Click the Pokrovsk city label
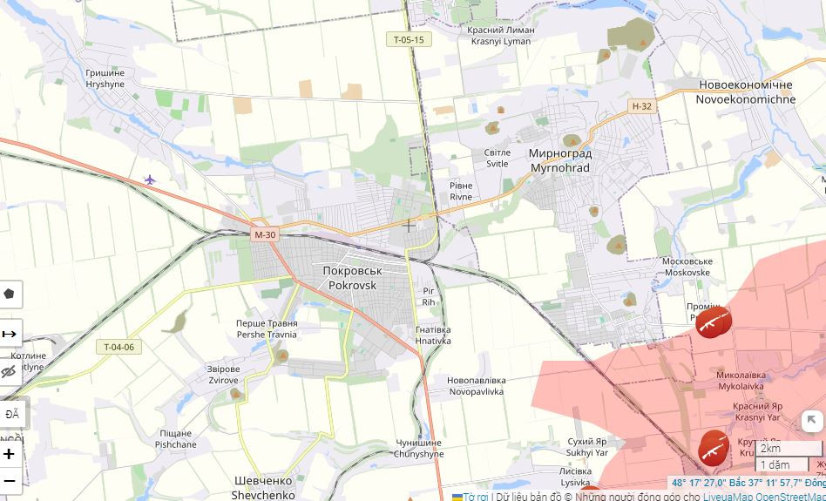point(352,278)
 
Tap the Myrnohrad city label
point(559,160)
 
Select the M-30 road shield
point(264,234)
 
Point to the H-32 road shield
point(641,106)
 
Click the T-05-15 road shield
point(408,40)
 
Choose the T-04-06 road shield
point(118,347)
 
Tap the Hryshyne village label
point(105,78)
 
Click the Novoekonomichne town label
point(745,92)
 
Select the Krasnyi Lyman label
point(500,35)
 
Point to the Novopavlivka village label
point(475,386)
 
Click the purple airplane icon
point(150,179)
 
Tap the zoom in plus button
point(10,454)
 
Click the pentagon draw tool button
point(10,294)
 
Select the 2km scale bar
point(789,449)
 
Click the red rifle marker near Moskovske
point(713,322)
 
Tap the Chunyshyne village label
point(418,449)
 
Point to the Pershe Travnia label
point(266,329)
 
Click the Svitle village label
point(497,158)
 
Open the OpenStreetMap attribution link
point(790,497)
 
